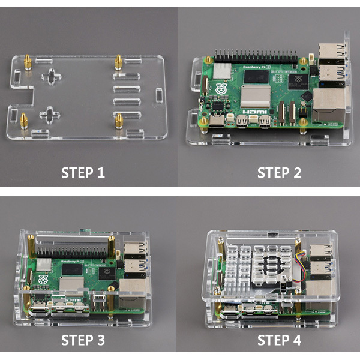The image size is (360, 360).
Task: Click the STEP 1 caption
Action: [83, 173]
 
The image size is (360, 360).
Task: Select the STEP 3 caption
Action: [83, 340]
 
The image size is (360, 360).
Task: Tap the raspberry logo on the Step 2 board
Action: [221, 89]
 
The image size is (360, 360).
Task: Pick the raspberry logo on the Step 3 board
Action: [43, 280]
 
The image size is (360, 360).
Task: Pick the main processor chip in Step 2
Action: [298, 81]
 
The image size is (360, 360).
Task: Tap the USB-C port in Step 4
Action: [230, 311]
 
